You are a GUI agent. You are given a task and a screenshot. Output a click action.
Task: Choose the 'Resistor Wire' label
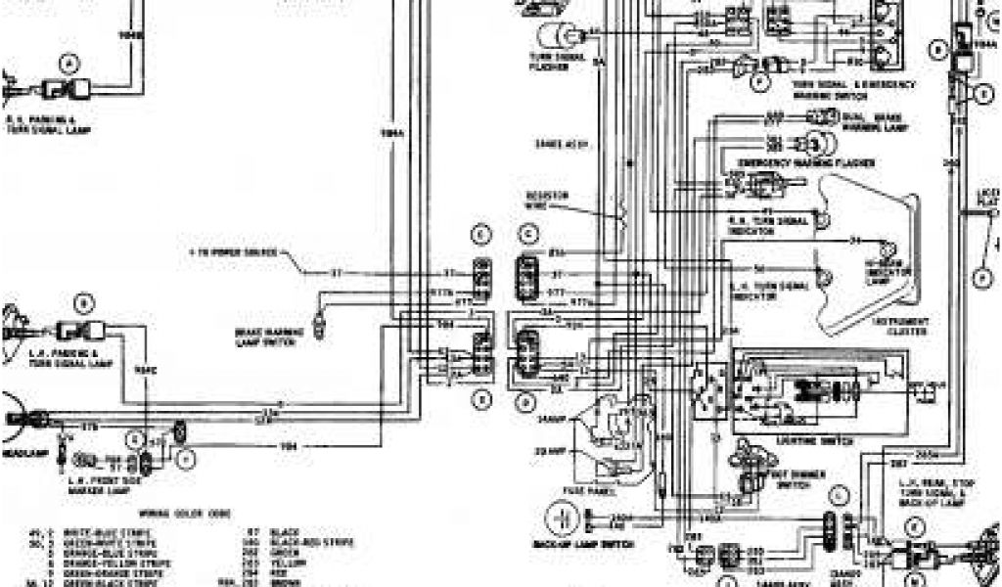point(548,199)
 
